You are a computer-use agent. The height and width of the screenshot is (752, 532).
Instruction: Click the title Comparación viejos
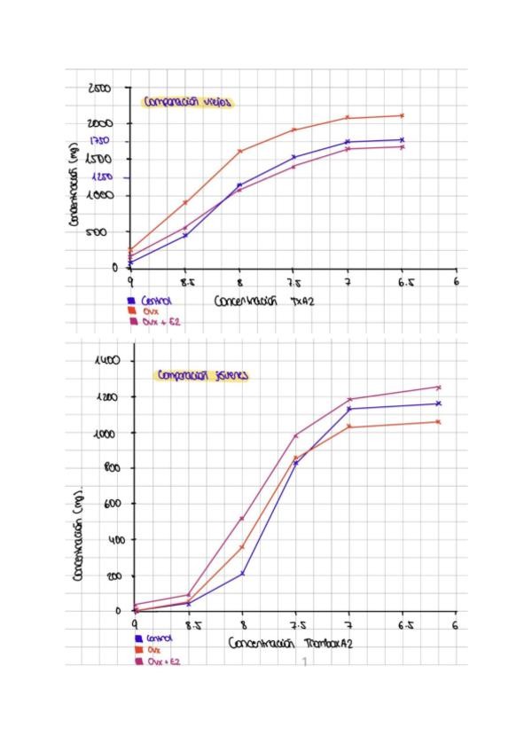187,101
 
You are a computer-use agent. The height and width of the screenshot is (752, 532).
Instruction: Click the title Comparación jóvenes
203,375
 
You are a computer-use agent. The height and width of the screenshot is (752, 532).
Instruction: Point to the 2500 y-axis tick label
98,88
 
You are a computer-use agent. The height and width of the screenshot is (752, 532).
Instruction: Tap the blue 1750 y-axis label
98,141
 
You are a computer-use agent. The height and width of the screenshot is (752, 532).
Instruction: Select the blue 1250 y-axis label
98,177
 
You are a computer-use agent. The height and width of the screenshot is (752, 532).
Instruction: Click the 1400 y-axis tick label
107,361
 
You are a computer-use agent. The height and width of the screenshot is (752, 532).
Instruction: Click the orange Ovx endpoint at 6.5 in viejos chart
402,115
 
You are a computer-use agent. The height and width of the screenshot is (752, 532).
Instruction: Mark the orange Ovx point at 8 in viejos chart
239,151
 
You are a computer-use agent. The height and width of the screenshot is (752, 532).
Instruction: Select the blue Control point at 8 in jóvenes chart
241,574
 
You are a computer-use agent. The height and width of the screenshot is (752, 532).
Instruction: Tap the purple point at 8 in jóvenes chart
241,518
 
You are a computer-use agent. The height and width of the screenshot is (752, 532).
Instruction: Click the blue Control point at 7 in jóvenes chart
349,409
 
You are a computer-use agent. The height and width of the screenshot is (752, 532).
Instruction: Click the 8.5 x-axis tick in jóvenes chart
187,626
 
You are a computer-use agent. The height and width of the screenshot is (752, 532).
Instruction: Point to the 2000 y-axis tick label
98,123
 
